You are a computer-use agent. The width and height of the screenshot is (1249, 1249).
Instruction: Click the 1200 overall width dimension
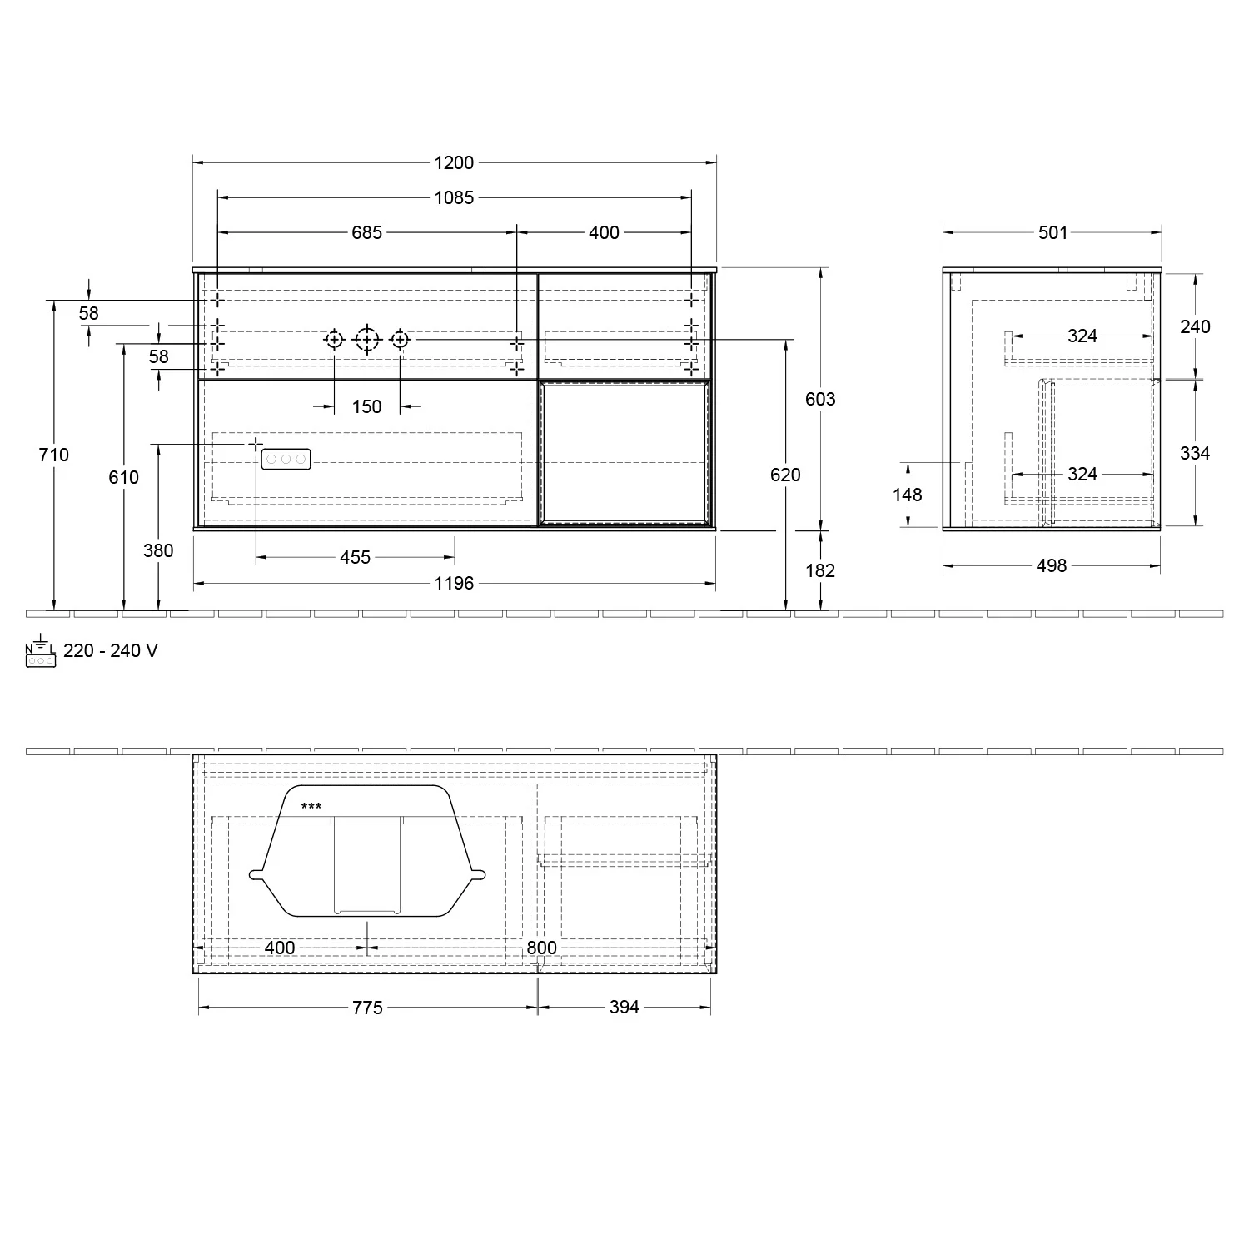tap(454, 163)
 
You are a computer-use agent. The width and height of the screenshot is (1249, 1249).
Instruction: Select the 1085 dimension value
tap(454, 197)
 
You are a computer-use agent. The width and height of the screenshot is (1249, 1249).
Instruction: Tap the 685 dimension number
tap(366, 232)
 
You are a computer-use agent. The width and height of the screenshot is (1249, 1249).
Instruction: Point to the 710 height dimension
tap(54, 455)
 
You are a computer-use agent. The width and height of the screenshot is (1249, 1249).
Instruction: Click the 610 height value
tap(124, 477)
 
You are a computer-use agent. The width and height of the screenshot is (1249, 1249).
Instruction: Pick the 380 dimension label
tap(158, 550)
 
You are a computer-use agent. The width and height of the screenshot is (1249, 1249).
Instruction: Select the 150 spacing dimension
tap(366, 406)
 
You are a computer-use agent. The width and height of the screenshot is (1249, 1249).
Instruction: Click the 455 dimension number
tap(355, 557)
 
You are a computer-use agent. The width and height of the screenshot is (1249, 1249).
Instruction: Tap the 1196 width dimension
tap(454, 584)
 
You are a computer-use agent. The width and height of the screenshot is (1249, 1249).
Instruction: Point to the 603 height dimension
tap(820, 399)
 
